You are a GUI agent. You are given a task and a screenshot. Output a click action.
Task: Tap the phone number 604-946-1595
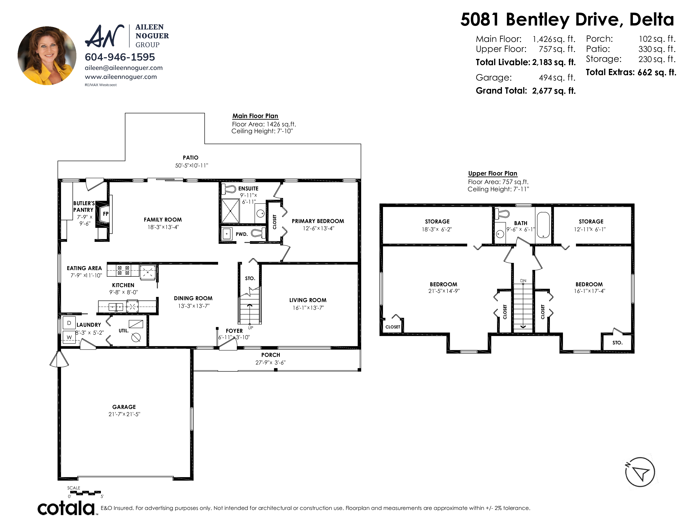point(120,57)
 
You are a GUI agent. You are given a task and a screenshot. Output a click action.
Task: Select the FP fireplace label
point(106,214)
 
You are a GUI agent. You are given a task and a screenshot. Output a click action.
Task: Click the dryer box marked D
point(69,323)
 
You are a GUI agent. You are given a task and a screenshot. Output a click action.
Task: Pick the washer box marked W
point(69,337)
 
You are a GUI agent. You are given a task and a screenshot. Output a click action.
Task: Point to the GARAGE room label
point(124,407)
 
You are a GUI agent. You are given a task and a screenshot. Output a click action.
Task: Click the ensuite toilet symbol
point(229,189)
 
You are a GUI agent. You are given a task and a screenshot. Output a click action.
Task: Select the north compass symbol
point(640,472)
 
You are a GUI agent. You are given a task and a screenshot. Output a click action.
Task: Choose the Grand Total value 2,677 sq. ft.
point(554,91)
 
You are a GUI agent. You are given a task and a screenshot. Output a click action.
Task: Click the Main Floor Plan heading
point(255,116)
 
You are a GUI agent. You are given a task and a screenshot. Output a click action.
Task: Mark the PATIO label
point(191,158)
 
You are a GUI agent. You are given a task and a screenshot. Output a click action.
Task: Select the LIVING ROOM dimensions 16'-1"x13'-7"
point(308,308)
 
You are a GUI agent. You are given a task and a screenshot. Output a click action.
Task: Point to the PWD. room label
point(242,234)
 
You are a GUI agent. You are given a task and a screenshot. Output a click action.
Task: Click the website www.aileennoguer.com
point(121,77)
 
